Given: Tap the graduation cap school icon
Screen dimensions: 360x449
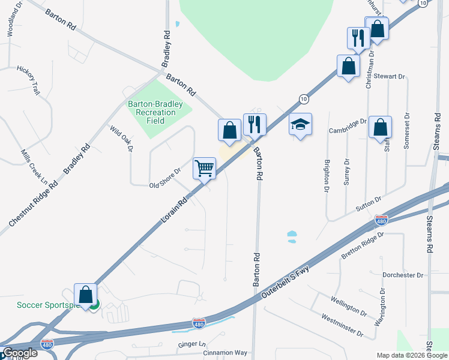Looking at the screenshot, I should coord(301,124).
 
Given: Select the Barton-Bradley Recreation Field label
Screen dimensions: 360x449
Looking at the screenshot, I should coord(155,112).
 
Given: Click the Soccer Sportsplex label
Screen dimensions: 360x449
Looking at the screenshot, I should coord(48,305).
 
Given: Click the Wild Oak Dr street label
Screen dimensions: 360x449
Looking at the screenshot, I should coord(120,139).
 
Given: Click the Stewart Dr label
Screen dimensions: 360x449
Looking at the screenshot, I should coord(390,77).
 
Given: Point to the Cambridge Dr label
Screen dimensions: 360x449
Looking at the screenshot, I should coord(348,126).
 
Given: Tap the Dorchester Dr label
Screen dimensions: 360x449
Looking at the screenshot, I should coord(403,275).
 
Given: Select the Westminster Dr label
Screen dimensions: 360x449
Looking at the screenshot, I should coord(342,325).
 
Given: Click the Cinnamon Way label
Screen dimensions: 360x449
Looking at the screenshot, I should coord(224,353).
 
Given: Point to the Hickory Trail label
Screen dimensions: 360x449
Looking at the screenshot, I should coord(28,80).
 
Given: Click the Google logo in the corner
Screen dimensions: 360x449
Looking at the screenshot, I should coord(20,353).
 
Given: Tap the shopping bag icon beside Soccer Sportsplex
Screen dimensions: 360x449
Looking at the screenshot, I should coord(85,295).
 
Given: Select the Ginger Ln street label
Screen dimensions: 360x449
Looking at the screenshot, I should coord(192,344).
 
